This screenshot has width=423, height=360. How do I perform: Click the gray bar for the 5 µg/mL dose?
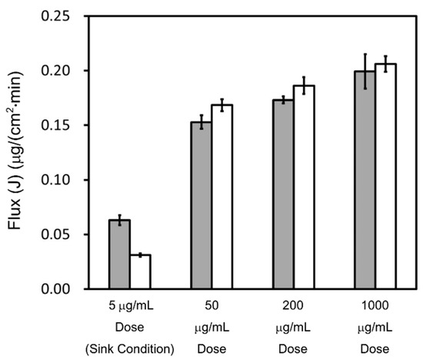pos(119,255)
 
